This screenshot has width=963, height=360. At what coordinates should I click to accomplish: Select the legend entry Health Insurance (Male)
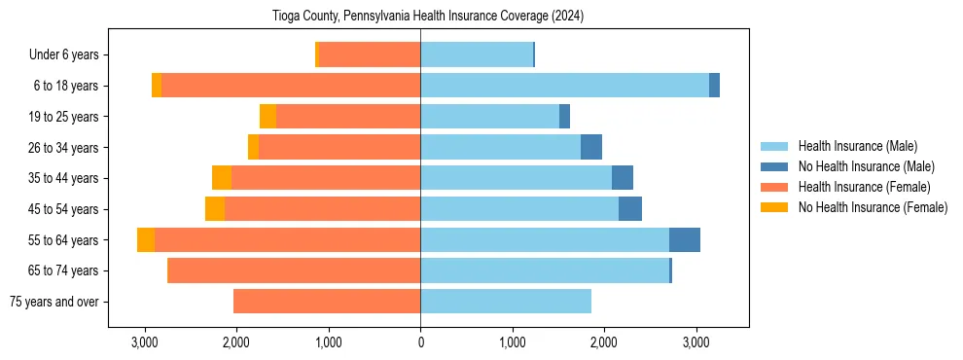[857, 146]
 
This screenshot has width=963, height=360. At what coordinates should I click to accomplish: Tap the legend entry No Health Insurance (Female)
[873, 207]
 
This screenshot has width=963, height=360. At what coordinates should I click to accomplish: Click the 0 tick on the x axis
[420, 342]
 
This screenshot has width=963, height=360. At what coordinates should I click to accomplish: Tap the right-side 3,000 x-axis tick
[695, 342]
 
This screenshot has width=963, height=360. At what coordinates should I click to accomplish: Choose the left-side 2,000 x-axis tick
[236, 342]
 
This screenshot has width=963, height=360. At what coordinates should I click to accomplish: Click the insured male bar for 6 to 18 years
[564, 86]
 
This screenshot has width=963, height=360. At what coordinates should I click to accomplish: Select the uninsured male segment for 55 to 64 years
[685, 240]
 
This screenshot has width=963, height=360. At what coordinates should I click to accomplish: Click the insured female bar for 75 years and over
[327, 302]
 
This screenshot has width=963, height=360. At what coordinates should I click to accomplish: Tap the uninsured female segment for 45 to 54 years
[215, 209]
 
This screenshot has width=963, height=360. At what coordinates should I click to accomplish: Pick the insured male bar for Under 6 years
[477, 54]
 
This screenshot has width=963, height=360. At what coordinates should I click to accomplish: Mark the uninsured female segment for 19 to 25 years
[267, 117]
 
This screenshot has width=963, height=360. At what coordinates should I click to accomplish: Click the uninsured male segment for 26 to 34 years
[591, 147]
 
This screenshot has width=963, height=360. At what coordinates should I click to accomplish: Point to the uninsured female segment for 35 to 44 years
[222, 178]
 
